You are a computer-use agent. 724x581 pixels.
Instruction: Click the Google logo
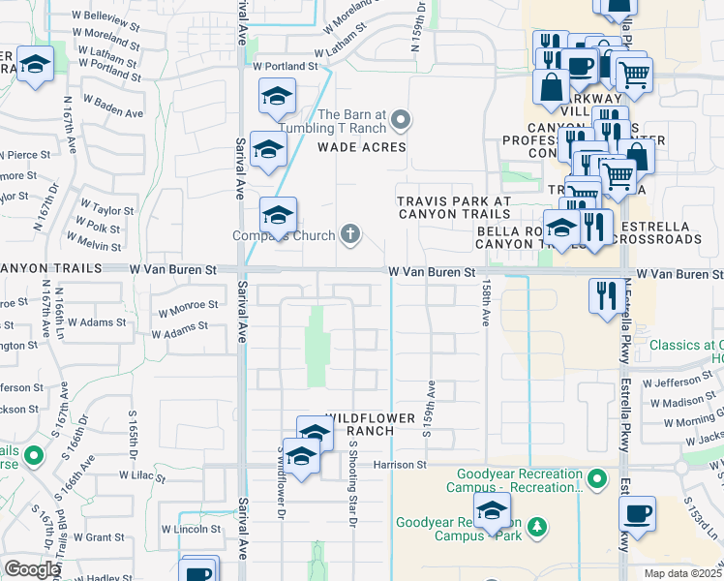(x=32, y=569)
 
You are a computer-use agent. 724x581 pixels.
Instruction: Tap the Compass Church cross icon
(x=350, y=234)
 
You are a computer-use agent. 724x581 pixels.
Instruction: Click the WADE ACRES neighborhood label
(x=362, y=147)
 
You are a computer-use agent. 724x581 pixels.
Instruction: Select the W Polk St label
(x=100, y=227)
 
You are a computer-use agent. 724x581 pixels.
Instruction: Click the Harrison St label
(x=401, y=465)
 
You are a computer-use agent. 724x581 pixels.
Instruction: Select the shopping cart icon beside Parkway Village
(x=634, y=74)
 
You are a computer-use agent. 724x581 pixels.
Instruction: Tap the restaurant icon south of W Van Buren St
(x=607, y=295)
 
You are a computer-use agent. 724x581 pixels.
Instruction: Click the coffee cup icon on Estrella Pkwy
(x=637, y=513)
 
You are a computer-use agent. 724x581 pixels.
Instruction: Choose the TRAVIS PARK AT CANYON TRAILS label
(x=454, y=207)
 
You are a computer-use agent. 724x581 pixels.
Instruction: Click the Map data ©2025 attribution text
(x=682, y=573)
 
